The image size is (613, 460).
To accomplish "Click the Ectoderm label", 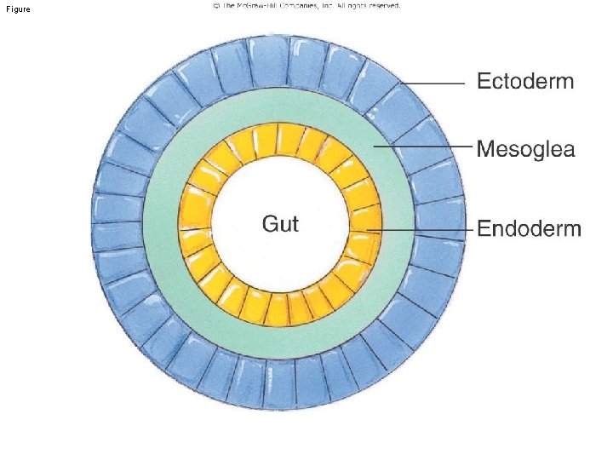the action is click(x=524, y=82).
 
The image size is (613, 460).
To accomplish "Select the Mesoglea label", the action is click(x=525, y=151).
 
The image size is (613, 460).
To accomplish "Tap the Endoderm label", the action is click(x=529, y=228).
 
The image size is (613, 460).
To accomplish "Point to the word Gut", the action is click(x=280, y=224).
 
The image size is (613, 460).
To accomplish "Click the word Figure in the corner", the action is click(x=16, y=9).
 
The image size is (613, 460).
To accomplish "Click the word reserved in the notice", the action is click(x=381, y=5).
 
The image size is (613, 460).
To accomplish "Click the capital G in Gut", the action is click(x=268, y=224).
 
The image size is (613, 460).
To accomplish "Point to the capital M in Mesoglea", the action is click(x=486, y=150).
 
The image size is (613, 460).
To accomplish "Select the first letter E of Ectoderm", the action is click(x=483, y=82).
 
